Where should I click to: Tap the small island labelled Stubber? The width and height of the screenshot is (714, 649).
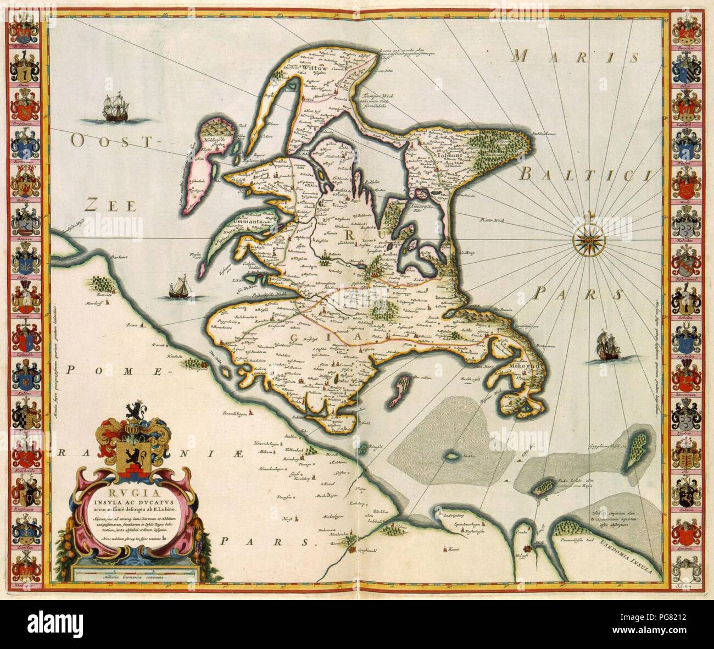point(453,456)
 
